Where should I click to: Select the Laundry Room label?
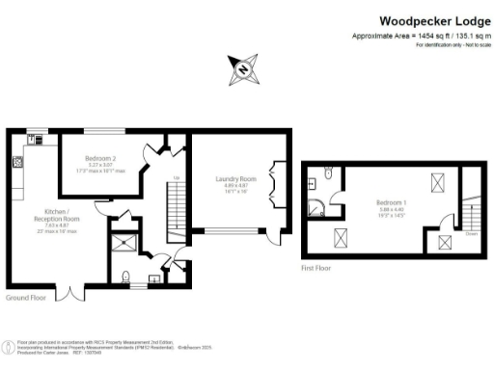coord(235,181)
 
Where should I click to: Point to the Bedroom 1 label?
coord(392,204)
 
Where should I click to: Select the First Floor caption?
coord(316,268)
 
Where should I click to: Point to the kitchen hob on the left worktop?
coord(17,163)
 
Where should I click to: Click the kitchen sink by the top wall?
coord(37,139)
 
